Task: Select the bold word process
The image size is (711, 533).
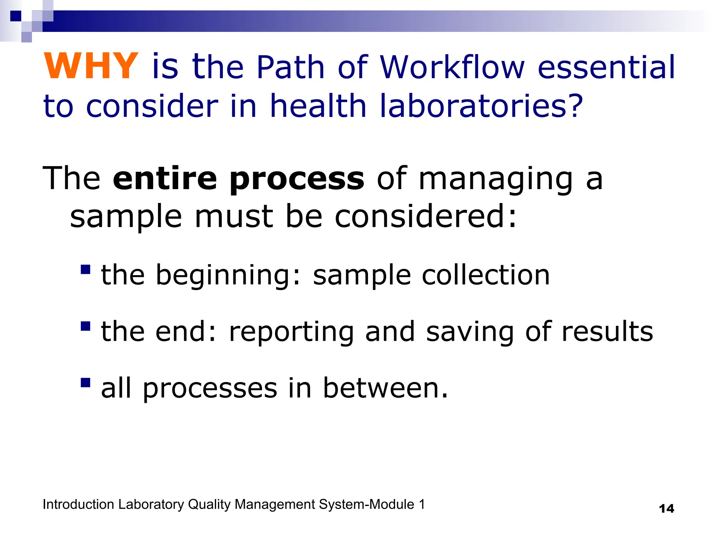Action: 297,180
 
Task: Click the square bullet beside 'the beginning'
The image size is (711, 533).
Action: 85,270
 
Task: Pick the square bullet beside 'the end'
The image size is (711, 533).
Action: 85,326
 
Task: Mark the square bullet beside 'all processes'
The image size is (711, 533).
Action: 85,383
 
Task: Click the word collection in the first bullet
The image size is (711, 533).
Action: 486,275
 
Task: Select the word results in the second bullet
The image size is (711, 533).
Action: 607,332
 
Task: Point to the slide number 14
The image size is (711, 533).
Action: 666,509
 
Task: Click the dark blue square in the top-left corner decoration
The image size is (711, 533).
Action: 16,16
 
